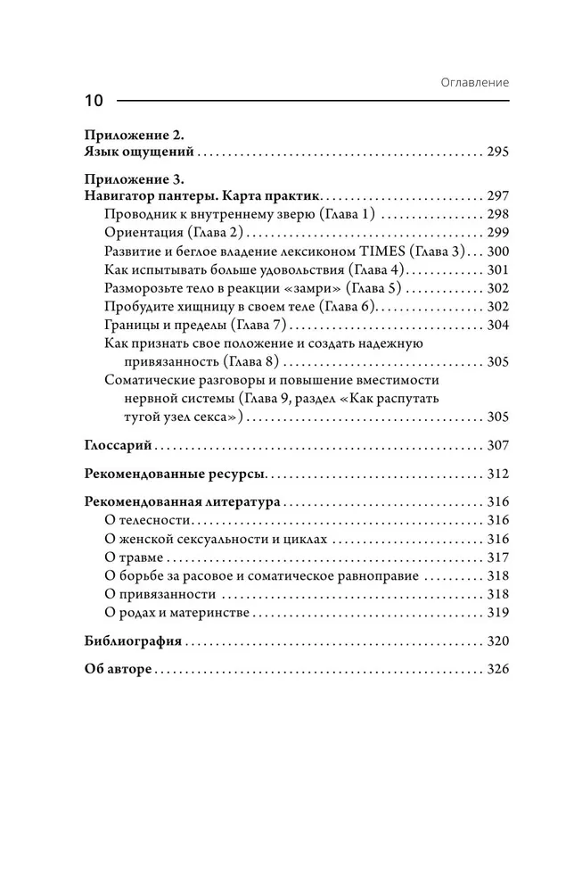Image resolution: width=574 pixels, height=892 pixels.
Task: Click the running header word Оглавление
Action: click(x=475, y=82)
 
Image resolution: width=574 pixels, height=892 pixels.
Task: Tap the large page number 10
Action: click(x=94, y=101)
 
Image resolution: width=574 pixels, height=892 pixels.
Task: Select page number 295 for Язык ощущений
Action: click(x=497, y=153)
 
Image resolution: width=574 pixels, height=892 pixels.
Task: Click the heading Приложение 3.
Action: click(x=133, y=178)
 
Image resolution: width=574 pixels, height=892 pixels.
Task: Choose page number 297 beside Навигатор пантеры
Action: click(x=497, y=195)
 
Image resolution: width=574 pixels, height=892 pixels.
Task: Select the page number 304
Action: click(x=497, y=325)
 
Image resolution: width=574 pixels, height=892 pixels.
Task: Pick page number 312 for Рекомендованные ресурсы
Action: click(x=497, y=474)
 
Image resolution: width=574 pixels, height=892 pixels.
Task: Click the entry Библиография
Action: click(x=133, y=640)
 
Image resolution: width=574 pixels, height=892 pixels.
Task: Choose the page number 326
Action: click(x=497, y=669)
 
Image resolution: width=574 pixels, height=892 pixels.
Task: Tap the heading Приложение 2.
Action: click(x=133, y=136)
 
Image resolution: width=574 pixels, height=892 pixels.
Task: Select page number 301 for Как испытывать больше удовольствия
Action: click(x=497, y=269)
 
